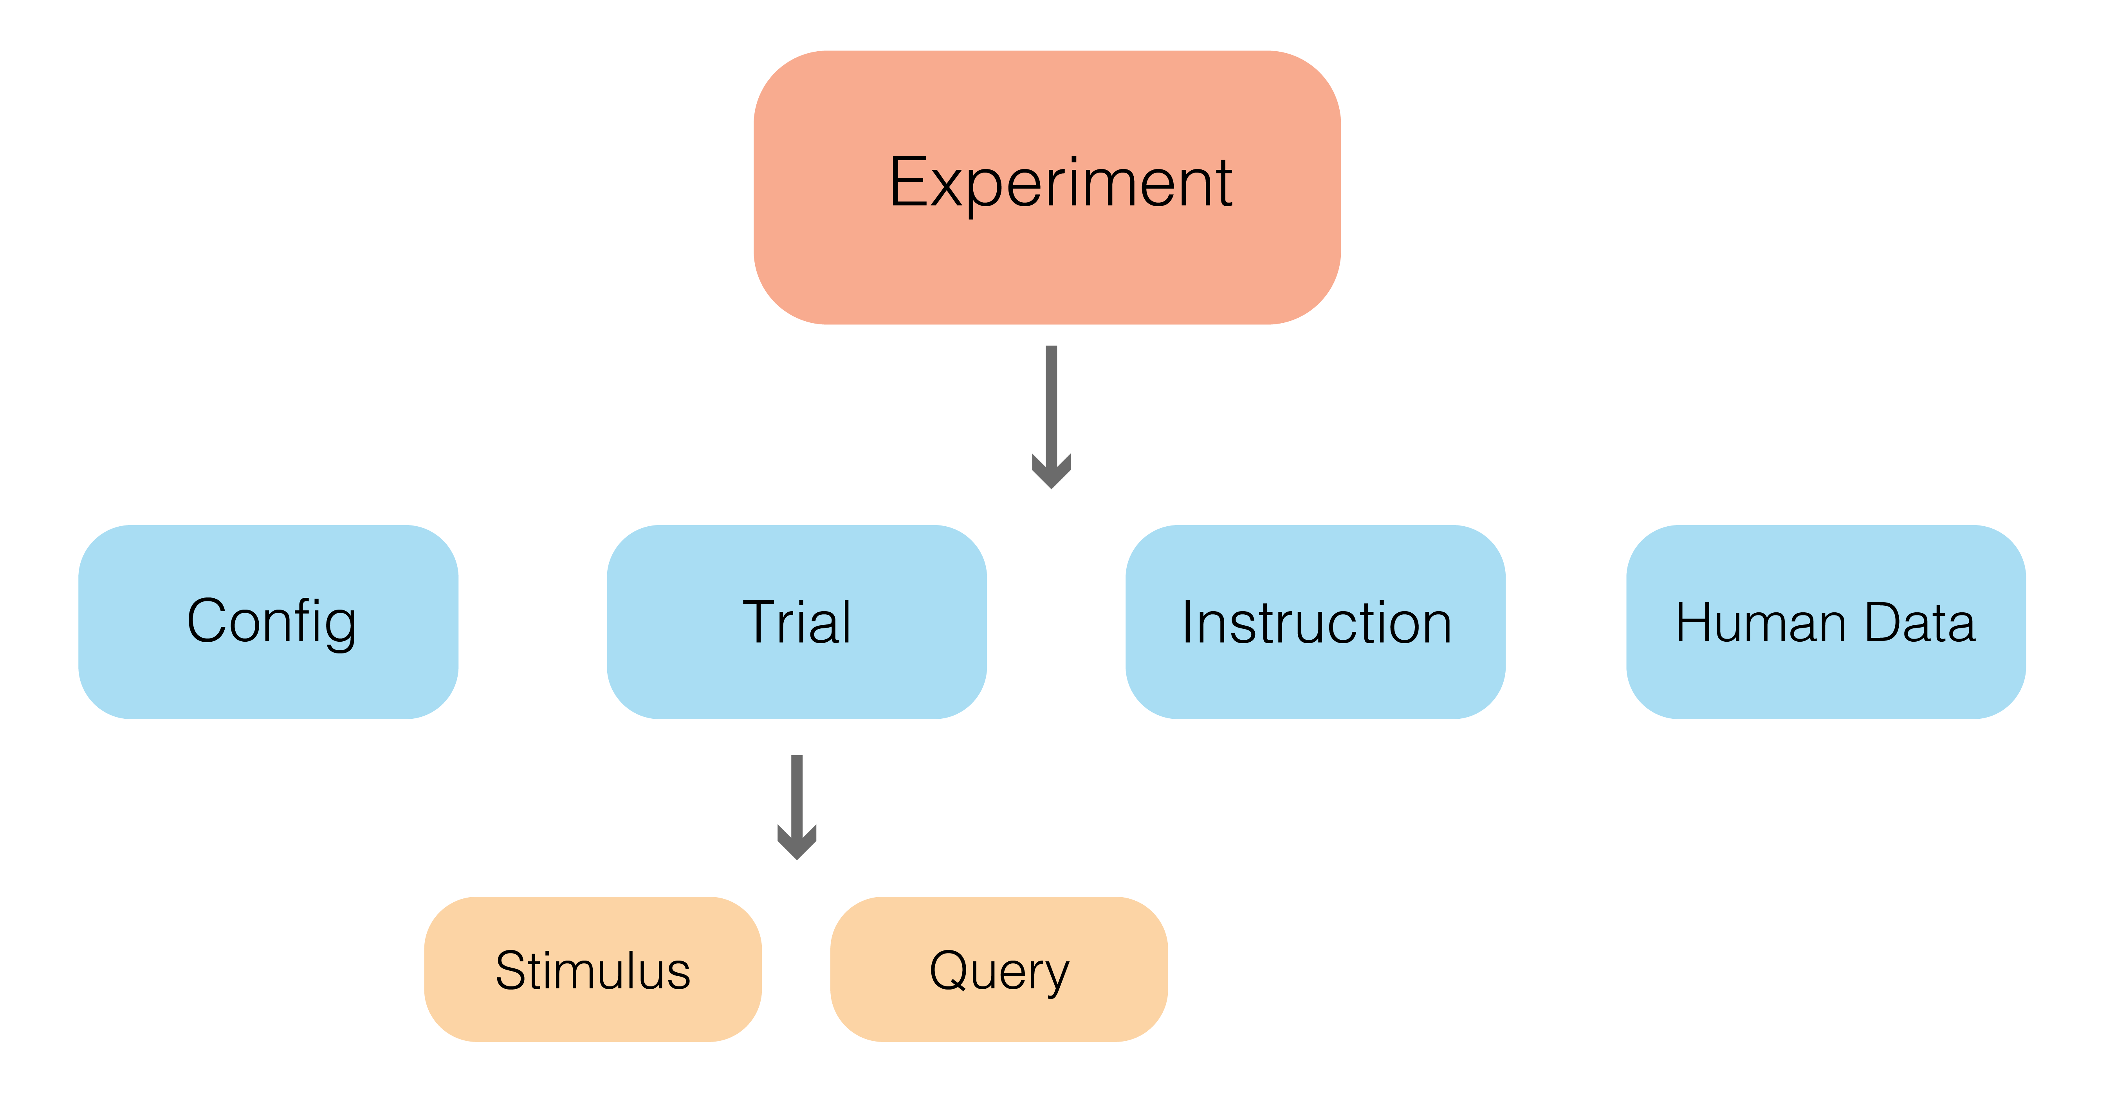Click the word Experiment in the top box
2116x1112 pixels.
[1060, 183]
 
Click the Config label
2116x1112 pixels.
[271, 622]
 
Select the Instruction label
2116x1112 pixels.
[1316, 623]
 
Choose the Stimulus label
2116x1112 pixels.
[592, 971]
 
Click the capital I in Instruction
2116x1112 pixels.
[1188, 623]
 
